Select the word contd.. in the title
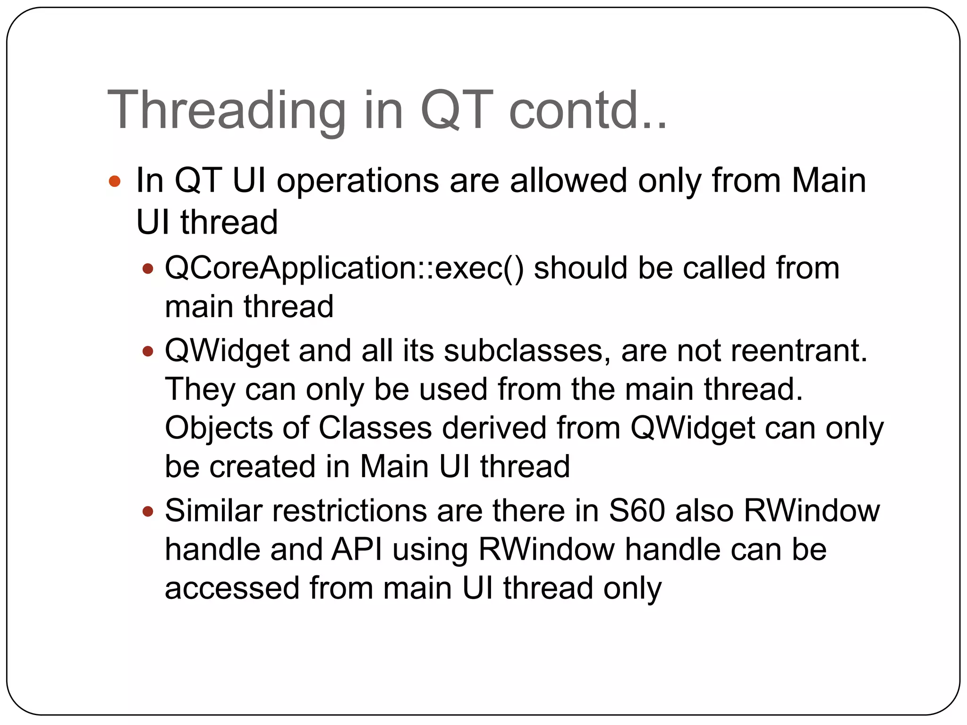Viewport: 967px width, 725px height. point(588,111)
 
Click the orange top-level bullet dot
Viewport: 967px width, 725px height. point(115,181)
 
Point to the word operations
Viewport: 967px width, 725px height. point(357,181)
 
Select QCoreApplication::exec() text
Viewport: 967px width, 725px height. point(344,268)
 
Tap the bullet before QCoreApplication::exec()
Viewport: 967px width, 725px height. point(148,269)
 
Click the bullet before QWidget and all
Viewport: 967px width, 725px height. point(148,352)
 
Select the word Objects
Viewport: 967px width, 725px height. point(219,429)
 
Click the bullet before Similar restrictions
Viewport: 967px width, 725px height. point(148,511)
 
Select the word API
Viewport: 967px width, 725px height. point(356,550)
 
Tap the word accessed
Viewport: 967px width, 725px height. point(232,589)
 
